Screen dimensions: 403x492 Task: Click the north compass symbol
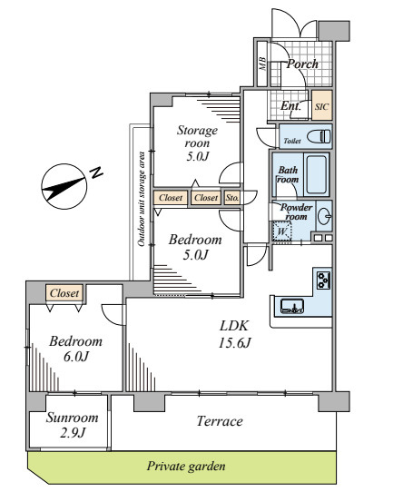64,186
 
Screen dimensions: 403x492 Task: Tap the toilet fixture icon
319,136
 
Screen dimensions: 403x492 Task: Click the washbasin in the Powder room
324,216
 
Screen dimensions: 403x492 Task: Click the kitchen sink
292,307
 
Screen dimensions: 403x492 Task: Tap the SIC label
322,107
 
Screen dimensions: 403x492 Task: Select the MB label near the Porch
262,64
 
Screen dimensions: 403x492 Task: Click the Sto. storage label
232,198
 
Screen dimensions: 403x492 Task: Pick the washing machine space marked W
282,231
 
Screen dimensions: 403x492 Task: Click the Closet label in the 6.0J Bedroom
64,293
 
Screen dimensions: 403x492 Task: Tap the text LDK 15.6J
234,334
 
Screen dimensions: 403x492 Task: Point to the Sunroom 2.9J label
73,425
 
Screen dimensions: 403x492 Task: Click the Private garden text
186,467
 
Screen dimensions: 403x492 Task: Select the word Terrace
220,421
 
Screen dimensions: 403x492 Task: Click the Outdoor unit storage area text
142,199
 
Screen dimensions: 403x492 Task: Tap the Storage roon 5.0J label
197,143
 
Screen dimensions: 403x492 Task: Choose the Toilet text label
292,142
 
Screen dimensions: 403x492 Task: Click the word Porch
302,64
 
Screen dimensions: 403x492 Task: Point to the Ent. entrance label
290,106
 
